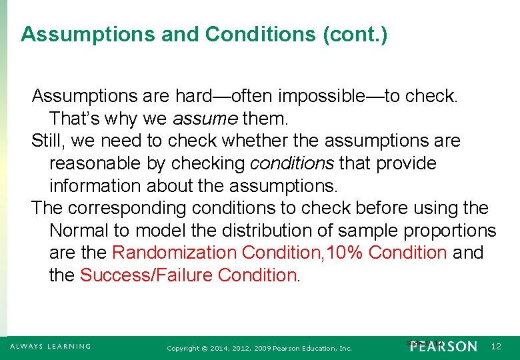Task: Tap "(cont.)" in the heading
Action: point(355,34)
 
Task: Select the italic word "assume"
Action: point(205,119)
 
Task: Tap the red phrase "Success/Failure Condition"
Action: point(188,275)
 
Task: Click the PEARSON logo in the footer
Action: point(444,346)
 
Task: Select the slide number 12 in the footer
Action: point(496,346)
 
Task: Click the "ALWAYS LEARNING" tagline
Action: point(50,346)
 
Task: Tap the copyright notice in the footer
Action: point(259,348)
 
